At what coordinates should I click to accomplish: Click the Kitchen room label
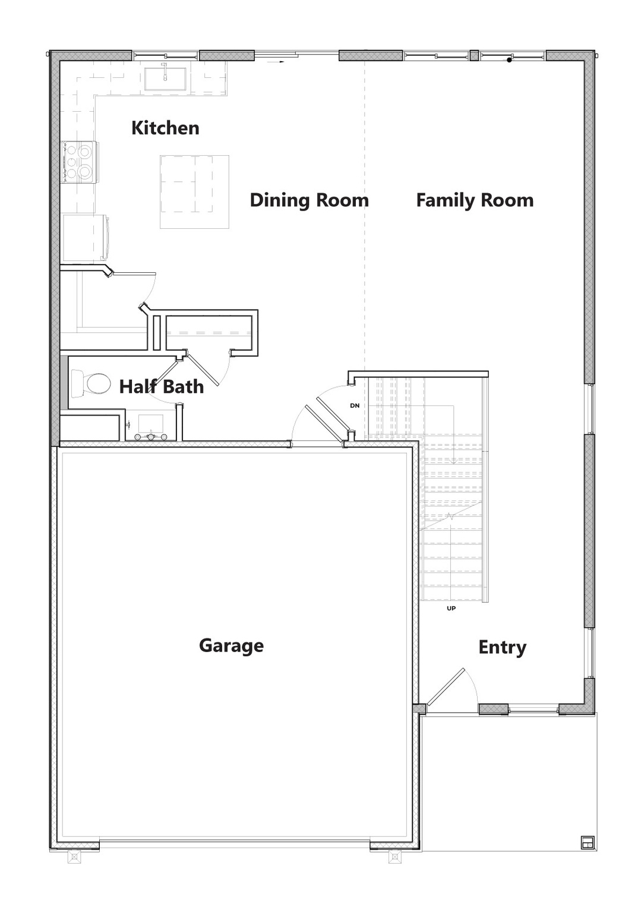click(165, 128)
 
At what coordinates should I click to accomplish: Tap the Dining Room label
click(309, 200)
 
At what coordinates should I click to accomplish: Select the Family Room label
click(475, 200)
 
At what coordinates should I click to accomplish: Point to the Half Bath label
click(162, 387)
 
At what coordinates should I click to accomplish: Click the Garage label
click(231, 646)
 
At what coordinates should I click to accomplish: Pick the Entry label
click(502, 647)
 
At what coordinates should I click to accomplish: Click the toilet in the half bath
click(90, 384)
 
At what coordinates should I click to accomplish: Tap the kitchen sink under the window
click(166, 78)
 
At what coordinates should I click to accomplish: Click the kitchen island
click(194, 191)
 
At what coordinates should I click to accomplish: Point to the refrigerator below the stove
click(85, 238)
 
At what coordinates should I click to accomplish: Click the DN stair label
click(355, 406)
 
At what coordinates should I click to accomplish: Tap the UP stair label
click(451, 609)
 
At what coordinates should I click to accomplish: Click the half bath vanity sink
click(151, 427)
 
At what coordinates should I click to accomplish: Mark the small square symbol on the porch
click(587, 842)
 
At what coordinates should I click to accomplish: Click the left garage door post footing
click(74, 857)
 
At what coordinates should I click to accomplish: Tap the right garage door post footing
click(394, 857)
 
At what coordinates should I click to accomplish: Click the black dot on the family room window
click(509, 60)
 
